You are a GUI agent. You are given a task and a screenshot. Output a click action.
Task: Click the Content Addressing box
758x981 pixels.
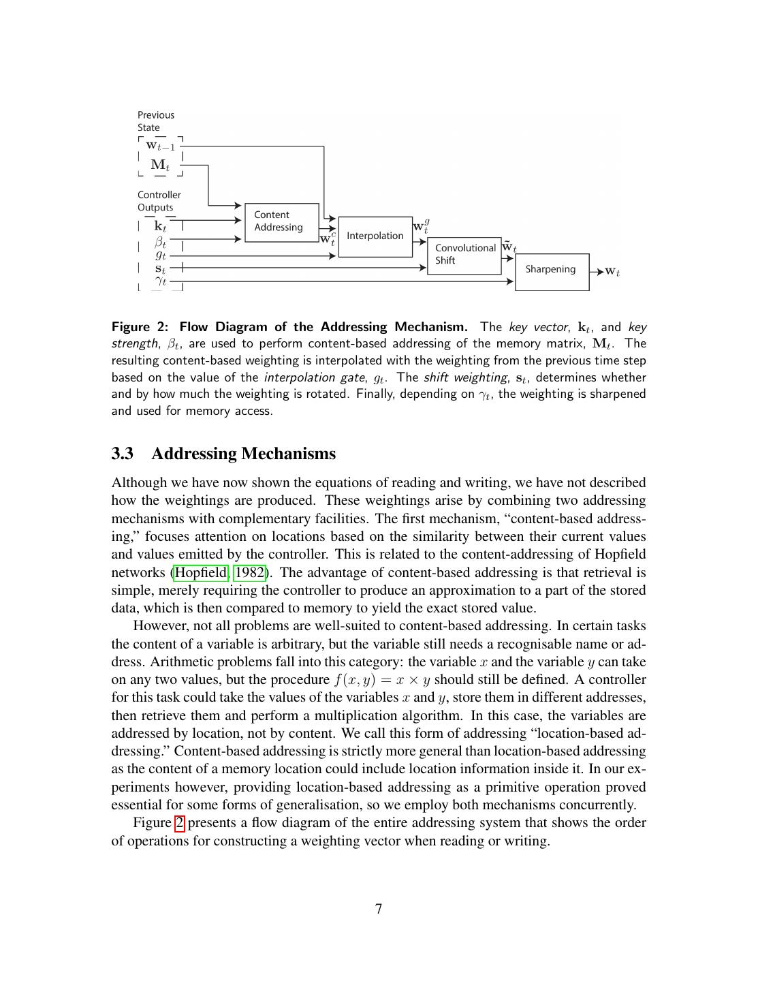(x=281, y=221)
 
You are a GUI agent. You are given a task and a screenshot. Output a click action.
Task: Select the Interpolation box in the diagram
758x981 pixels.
(x=375, y=236)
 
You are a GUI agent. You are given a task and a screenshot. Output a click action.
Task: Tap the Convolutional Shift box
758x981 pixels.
(x=464, y=255)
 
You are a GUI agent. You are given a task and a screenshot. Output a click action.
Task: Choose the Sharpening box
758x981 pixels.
(x=551, y=270)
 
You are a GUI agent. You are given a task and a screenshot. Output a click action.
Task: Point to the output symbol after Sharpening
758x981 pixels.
(x=612, y=272)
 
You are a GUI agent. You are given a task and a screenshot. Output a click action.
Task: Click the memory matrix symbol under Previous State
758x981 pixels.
(x=160, y=165)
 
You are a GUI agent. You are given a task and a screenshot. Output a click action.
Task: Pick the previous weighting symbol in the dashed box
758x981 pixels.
(x=161, y=146)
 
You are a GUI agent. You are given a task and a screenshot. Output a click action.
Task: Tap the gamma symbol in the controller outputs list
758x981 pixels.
(x=160, y=280)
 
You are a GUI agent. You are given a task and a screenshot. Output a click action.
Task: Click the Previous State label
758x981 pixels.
(x=155, y=121)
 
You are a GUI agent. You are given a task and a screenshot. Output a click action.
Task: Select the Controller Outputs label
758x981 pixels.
(x=159, y=201)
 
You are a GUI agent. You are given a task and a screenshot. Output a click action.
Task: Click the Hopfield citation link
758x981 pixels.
(x=202, y=572)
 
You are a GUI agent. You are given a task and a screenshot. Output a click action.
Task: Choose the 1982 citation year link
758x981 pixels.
(x=249, y=572)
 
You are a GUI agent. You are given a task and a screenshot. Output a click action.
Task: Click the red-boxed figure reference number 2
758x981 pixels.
(x=179, y=823)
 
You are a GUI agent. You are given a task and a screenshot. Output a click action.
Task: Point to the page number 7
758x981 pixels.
(x=379, y=909)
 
